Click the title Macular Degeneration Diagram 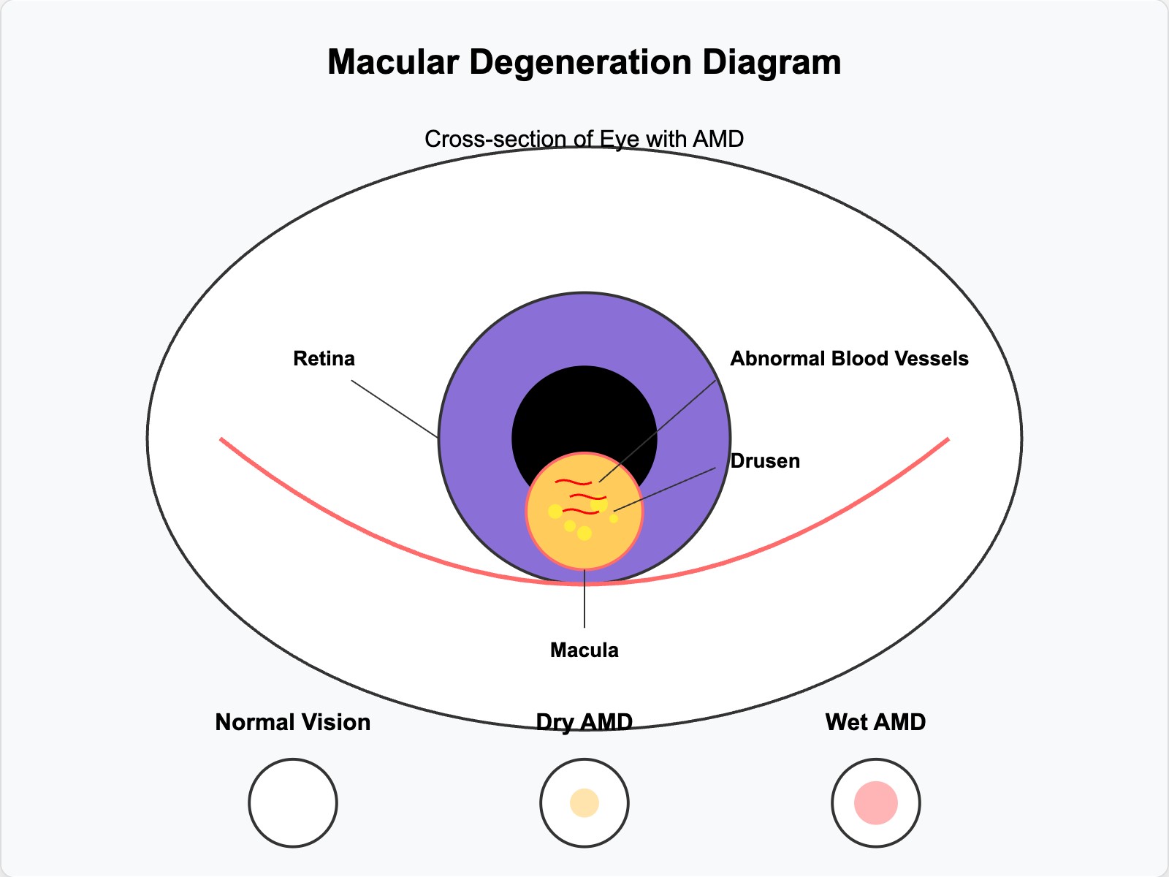click(x=584, y=62)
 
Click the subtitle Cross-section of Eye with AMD click(x=584, y=139)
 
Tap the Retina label click(x=324, y=359)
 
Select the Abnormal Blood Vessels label click(x=849, y=359)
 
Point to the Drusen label click(x=765, y=461)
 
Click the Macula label click(x=584, y=650)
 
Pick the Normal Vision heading click(x=292, y=722)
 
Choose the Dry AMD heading click(x=584, y=722)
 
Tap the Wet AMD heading click(x=875, y=722)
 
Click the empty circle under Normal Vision click(x=292, y=802)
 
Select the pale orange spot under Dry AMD click(x=584, y=802)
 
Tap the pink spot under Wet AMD click(x=875, y=802)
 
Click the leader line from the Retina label click(x=395, y=409)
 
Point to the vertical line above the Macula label click(x=584, y=599)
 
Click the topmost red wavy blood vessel click(x=574, y=482)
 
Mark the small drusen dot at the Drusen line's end click(x=614, y=518)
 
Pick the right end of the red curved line click(x=947, y=440)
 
